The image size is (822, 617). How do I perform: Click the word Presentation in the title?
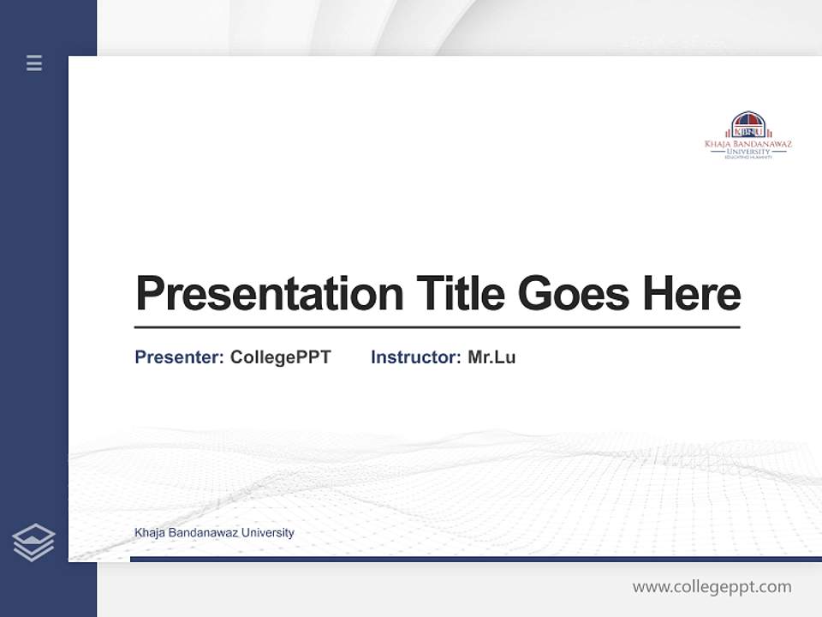point(269,294)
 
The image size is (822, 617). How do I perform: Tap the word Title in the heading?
point(460,294)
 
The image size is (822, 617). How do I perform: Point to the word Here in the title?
point(692,294)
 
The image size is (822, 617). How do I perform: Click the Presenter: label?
point(179,357)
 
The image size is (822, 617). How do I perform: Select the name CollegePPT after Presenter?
point(280,357)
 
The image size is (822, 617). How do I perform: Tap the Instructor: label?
point(415,357)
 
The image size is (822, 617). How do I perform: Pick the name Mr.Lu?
point(491,357)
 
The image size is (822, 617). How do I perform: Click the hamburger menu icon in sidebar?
point(34,63)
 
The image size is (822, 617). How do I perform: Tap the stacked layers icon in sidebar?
point(33,542)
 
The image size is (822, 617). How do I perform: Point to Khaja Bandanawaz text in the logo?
point(748,144)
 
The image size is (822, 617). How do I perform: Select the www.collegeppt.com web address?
point(712,587)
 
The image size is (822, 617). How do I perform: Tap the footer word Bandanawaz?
point(202,533)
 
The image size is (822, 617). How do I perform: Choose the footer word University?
point(267,533)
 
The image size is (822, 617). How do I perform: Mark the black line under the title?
point(437,326)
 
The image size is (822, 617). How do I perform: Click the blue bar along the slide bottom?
point(475,559)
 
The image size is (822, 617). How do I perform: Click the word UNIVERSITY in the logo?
point(748,152)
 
